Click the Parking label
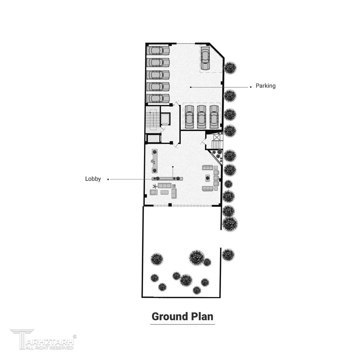point(265,86)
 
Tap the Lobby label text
point(93,179)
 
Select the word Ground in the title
point(169,317)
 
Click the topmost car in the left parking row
point(158,50)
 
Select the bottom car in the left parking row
point(158,98)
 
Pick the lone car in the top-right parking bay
point(205,58)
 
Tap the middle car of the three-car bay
point(201,117)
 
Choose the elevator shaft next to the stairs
point(165,119)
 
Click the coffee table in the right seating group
point(208,178)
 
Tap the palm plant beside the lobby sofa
point(155,186)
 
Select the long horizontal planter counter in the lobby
point(167,178)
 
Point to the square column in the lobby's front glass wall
point(170,205)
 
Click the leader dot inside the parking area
point(191,87)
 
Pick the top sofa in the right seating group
point(208,167)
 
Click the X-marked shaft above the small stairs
point(217,137)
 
